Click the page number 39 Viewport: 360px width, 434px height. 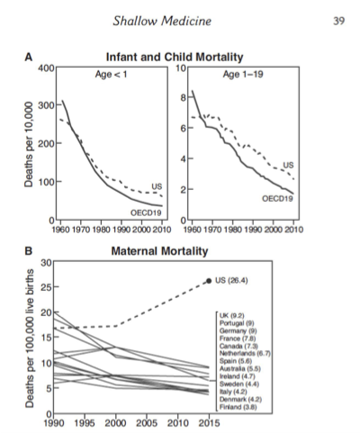pyautogui.click(x=338, y=21)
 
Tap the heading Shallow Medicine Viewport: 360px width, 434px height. pyautogui.click(x=162, y=21)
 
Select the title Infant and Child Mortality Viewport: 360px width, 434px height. pyautogui.click(x=175, y=57)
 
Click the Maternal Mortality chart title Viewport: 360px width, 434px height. pyautogui.click(x=159, y=251)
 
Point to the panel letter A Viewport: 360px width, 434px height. pyautogui.click(x=28, y=57)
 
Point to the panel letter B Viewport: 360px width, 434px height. pyautogui.click(x=28, y=251)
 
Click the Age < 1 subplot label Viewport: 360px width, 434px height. pyautogui.click(x=111, y=74)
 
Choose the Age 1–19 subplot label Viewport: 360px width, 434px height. pyautogui.click(x=243, y=74)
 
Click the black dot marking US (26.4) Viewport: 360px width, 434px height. pyautogui.click(x=209, y=281)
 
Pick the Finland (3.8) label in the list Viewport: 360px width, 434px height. pyautogui.click(x=238, y=407)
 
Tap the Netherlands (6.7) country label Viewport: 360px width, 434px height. pyautogui.click(x=245, y=354)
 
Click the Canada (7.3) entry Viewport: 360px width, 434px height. pyautogui.click(x=238, y=346)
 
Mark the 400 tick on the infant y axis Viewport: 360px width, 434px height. pyautogui.click(x=46, y=68)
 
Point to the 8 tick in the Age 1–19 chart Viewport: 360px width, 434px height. pyautogui.click(x=183, y=97)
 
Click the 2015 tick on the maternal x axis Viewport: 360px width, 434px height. pyautogui.click(x=209, y=423)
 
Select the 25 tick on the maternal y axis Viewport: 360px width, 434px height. pyautogui.click(x=47, y=287)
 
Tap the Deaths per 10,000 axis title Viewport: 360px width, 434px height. pyautogui.click(x=29, y=144)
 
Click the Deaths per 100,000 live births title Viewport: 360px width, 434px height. pyautogui.click(x=29, y=339)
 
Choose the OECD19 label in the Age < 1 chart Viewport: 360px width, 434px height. pyautogui.click(x=146, y=212)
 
